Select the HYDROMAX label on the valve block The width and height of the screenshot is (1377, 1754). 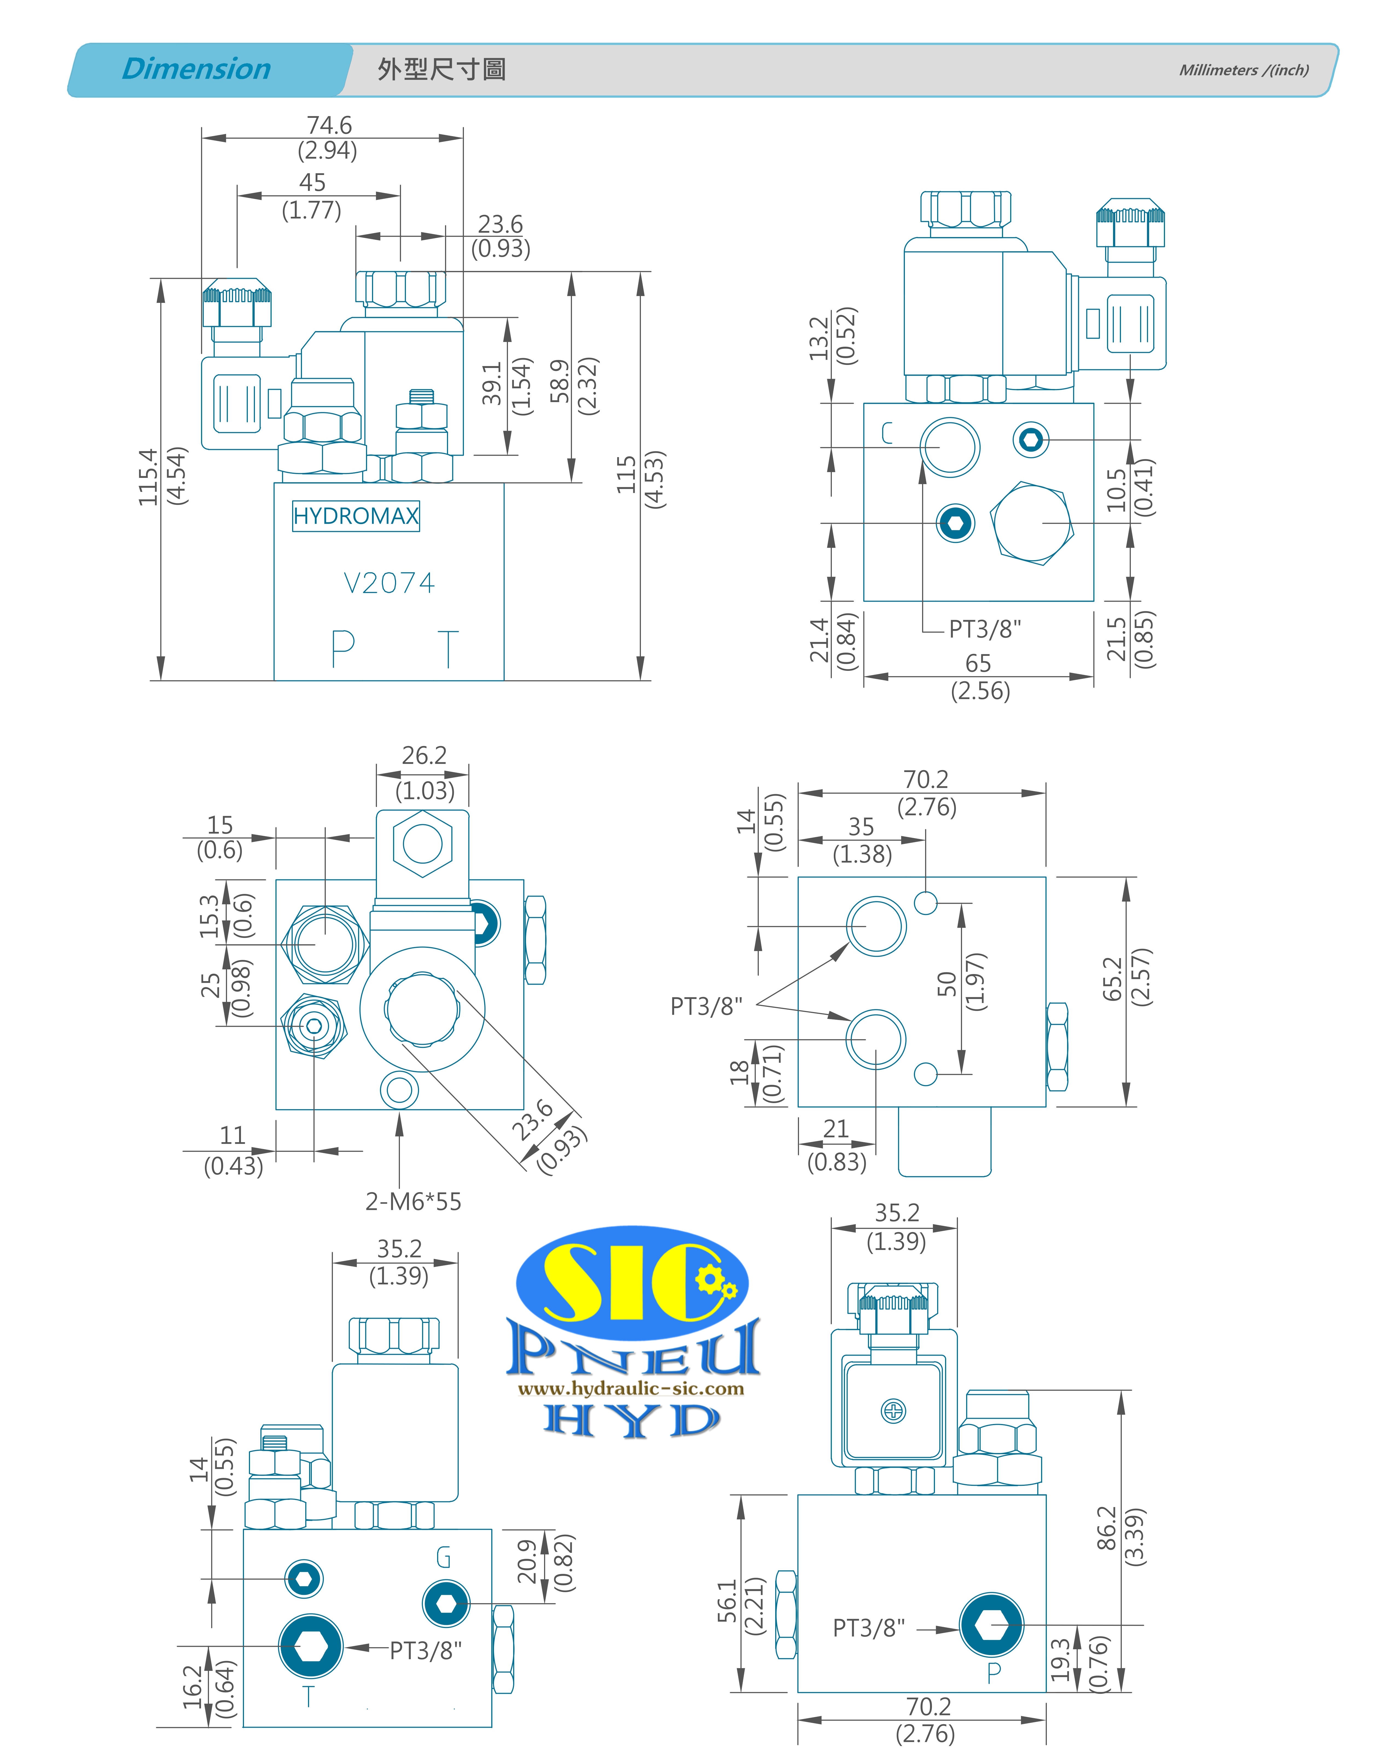pos(356,516)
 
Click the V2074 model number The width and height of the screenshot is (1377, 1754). pos(390,583)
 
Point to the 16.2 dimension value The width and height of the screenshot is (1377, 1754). pos(192,1687)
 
